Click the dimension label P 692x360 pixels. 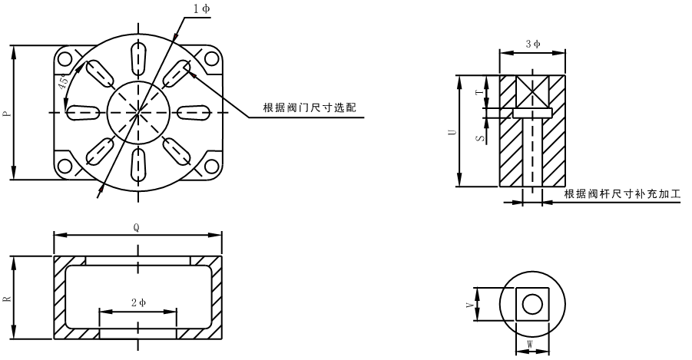[x=7, y=113]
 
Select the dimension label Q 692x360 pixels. [x=137, y=227]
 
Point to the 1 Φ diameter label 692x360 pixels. [x=201, y=8]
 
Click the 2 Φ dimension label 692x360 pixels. [x=137, y=303]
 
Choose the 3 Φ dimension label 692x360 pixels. [x=532, y=44]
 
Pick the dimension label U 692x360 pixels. [x=452, y=131]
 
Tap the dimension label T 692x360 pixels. [x=478, y=91]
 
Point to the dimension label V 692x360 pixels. [x=469, y=304]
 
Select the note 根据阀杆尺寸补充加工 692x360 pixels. [x=622, y=193]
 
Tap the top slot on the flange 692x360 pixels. [x=138, y=56]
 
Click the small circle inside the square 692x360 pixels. [x=531, y=305]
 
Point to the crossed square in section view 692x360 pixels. [x=531, y=89]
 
